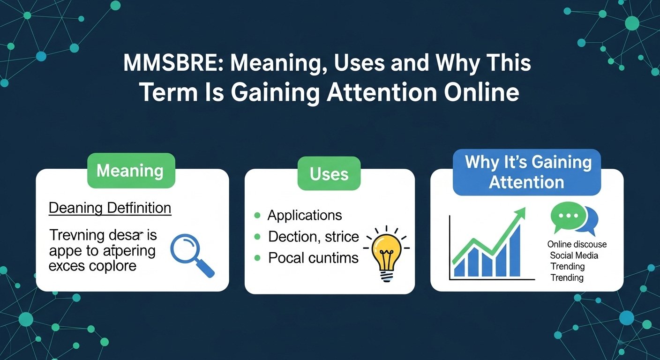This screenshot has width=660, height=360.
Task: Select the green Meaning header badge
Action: pos(130,171)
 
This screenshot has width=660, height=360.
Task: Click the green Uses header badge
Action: pos(329,174)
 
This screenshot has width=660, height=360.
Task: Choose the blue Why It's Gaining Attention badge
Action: pos(527,172)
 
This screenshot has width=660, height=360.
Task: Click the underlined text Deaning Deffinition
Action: pos(110,208)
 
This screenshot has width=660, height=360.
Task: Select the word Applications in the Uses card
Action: pos(305,215)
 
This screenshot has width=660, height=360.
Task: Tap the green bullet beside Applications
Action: pos(256,215)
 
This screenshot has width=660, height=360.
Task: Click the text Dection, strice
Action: pos(313,237)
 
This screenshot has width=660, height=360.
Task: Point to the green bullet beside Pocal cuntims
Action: pos(256,257)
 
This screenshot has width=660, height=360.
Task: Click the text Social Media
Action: pos(574,255)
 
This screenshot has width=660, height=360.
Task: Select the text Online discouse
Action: pos(577,244)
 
